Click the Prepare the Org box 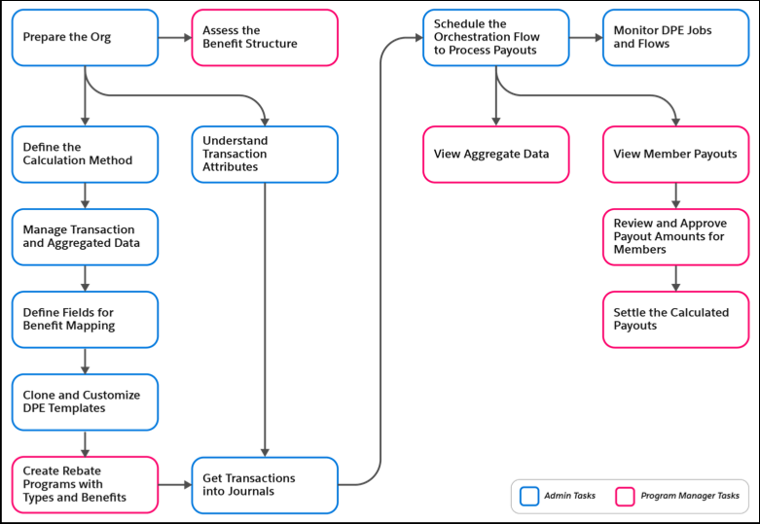pyautogui.click(x=85, y=38)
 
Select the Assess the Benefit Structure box pyautogui.click(x=265, y=38)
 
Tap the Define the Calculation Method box pyautogui.click(x=85, y=154)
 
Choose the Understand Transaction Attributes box pyautogui.click(x=265, y=154)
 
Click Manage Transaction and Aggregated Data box pyautogui.click(x=85, y=236)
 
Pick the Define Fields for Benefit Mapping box pyautogui.click(x=85, y=320)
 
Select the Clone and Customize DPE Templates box pyautogui.click(x=85, y=402)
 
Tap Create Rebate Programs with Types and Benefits pyautogui.click(x=85, y=484)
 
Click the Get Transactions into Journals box pyautogui.click(x=265, y=484)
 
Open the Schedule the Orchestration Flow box pyautogui.click(x=495, y=38)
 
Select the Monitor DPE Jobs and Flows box pyautogui.click(x=675, y=38)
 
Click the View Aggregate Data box pyautogui.click(x=495, y=154)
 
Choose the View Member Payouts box pyautogui.click(x=675, y=154)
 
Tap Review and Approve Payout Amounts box pyautogui.click(x=675, y=236)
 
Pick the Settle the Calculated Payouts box pyautogui.click(x=675, y=320)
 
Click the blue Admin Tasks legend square pyautogui.click(x=529, y=496)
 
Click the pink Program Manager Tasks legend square pyautogui.click(x=626, y=496)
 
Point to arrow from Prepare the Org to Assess pyautogui.click(x=174, y=38)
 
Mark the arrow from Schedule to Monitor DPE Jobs pyautogui.click(x=585, y=38)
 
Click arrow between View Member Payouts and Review pyautogui.click(x=675, y=195)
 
